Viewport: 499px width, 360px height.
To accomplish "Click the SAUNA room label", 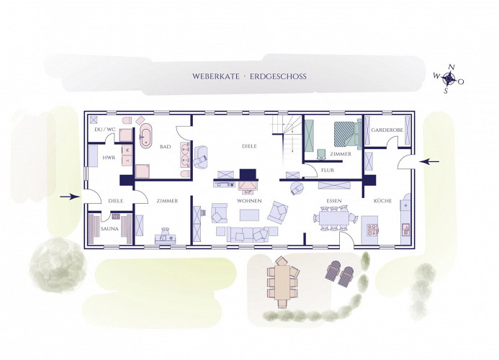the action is (x=109, y=228).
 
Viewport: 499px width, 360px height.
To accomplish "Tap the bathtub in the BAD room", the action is (x=146, y=136).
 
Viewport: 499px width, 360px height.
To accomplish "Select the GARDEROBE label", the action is (x=387, y=130).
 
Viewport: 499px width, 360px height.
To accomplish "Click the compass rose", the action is (x=449, y=78).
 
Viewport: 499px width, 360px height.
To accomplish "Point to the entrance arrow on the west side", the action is (x=70, y=197).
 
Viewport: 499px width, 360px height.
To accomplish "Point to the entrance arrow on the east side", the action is (x=429, y=162).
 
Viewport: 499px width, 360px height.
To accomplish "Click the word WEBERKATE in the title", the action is (x=216, y=76).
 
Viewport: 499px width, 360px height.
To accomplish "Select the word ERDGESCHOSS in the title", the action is (x=278, y=76).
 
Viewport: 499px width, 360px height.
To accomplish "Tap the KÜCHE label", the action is (x=382, y=201).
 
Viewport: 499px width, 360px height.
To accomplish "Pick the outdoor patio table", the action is (x=282, y=282).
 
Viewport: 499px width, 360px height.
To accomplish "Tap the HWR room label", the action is (x=109, y=158).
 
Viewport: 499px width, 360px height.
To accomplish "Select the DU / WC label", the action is (x=105, y=130).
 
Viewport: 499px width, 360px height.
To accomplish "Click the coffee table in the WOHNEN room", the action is (x=250, y=215).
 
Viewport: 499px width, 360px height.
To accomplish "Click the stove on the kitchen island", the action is (x=372, y=230).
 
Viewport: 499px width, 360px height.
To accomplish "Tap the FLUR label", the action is (x=328, y=171).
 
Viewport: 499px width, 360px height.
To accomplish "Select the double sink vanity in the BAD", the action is (x=186, y=154).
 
